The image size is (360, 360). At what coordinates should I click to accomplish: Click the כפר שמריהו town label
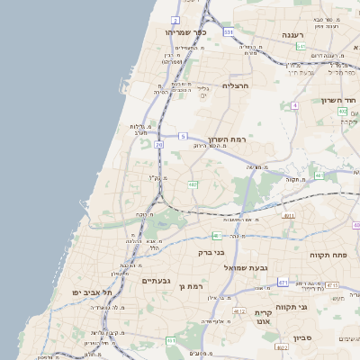tap(186, 32)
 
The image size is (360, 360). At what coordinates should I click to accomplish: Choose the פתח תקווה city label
tap(329, 256)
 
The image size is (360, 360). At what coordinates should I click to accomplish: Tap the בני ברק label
tap(211, 253)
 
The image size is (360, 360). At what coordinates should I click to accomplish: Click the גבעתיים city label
tap(158, 281)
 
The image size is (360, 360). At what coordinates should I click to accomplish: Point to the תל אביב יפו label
tap(93, 293)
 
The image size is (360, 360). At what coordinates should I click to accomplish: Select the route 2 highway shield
tap(175, 20)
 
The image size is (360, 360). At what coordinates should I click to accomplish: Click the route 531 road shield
tap(229, 32)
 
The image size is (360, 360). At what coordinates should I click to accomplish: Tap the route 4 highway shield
tap(294, 105)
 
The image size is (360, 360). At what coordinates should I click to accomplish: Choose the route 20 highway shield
tap(159, 143)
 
